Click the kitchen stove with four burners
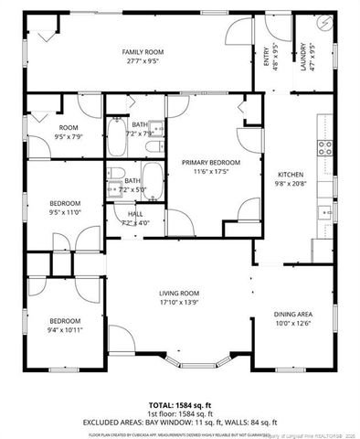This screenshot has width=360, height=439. pyautogui.click(x=324, y=146)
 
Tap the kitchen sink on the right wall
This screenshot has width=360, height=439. pyautogui.click(x=325, y=212)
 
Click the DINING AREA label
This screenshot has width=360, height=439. pyautogui.click(x=293, y=314)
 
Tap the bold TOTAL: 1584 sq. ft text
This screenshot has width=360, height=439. pyautogui.click(x=179, y=403)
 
